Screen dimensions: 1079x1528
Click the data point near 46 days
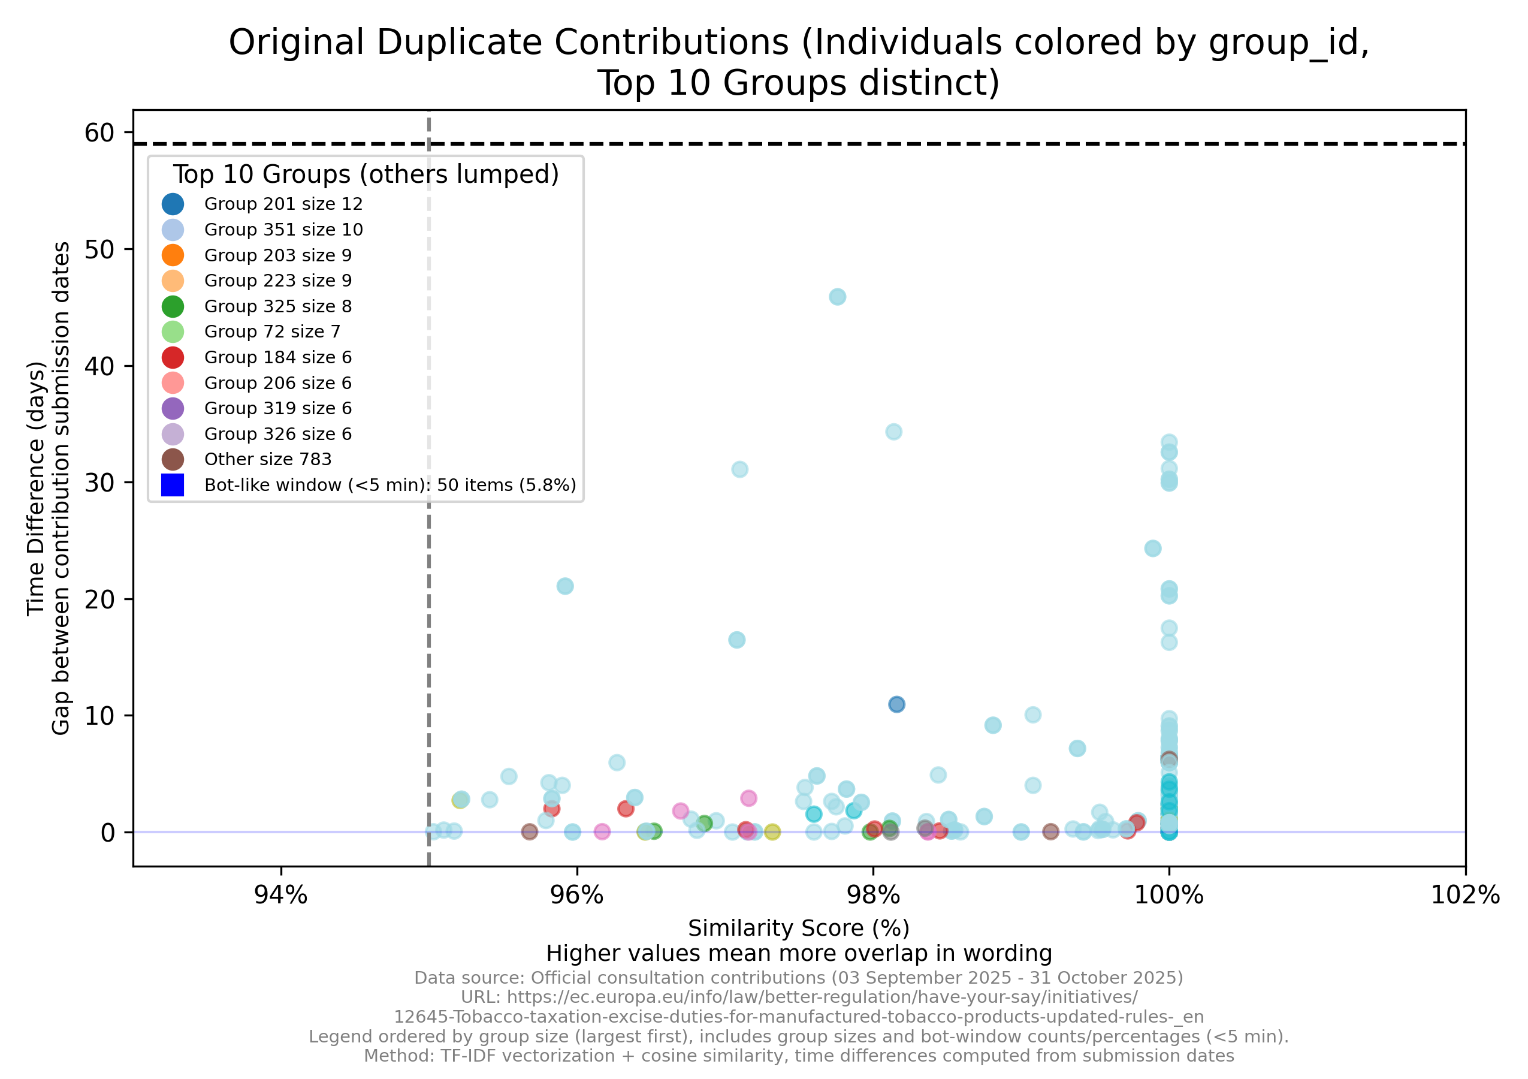tap(837, 297)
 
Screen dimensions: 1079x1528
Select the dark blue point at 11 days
tap(896, 704)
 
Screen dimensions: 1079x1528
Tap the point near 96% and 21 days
tap(565, 586)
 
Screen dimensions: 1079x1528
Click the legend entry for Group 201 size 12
tap(283, 204)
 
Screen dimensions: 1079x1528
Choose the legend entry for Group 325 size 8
tap(277, 306)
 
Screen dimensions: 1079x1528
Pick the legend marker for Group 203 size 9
tap(173, 255)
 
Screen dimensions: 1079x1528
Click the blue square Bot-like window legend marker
tap(173, 484)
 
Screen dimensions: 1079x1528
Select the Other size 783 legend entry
tap(267, 459)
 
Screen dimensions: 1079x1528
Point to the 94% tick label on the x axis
tap(281, 896)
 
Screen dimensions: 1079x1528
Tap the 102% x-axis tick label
tap(1464, 896)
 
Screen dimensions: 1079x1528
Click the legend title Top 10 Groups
tap(366, 174)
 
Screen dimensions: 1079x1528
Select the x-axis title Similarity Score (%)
tap(799, 928)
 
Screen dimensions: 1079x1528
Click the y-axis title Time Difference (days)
tap(36, 489)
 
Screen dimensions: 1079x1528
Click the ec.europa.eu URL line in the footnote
tap(799, 997)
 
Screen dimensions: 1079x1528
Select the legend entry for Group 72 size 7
tap(271, 331)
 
